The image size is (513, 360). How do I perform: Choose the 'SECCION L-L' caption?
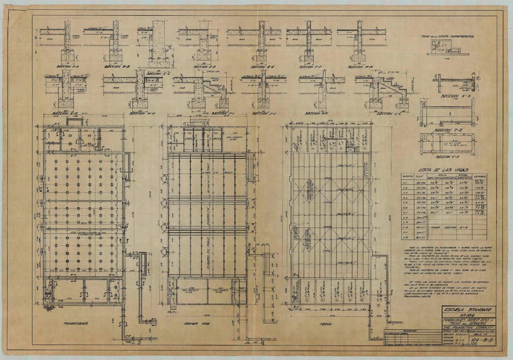click(389, 114)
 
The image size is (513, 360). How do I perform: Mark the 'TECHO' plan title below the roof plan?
click(326, 324)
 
